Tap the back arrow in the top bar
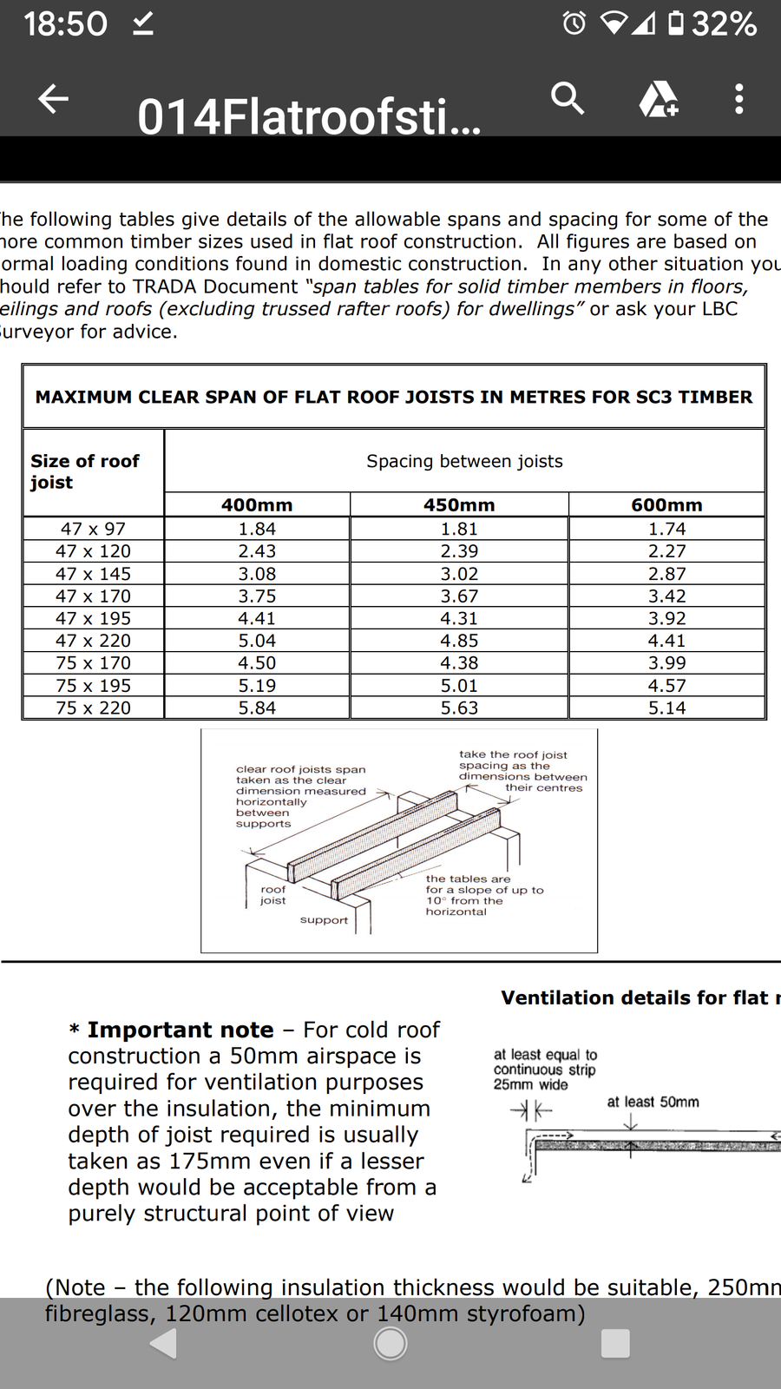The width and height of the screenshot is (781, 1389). [x=54, y=99]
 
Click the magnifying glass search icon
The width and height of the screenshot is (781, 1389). [x=568, y=99]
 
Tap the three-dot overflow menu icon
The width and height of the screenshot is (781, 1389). [x=738, y=99]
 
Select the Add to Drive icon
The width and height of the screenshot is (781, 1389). [x=659, y=99]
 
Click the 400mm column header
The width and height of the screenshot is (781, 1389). [x=257, y=505]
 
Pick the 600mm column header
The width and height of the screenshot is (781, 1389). [x=666, y=505]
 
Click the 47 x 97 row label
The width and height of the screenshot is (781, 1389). [x=93, y=529]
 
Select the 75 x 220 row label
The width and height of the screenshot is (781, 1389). [x=93, y=708]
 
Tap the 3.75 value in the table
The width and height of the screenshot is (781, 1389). [x=257, y=596]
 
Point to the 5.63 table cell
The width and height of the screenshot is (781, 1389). [x=459, y=708]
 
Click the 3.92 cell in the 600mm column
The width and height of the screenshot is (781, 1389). [x=666, y=619]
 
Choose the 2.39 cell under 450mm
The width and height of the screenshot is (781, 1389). [x=459, y=551]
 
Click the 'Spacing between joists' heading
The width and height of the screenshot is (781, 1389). [x=464, y=461]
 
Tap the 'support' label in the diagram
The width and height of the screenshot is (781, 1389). [x=324, y=920]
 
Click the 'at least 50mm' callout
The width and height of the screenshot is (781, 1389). [x=653, y=1103]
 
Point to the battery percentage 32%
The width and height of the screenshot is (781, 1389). [x=724, y=24]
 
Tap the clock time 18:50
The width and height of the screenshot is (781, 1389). [x=65, y=24]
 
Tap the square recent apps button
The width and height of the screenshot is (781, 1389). [x=615, y=1343]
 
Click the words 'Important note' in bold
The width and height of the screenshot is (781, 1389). [x=180, y=1030]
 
